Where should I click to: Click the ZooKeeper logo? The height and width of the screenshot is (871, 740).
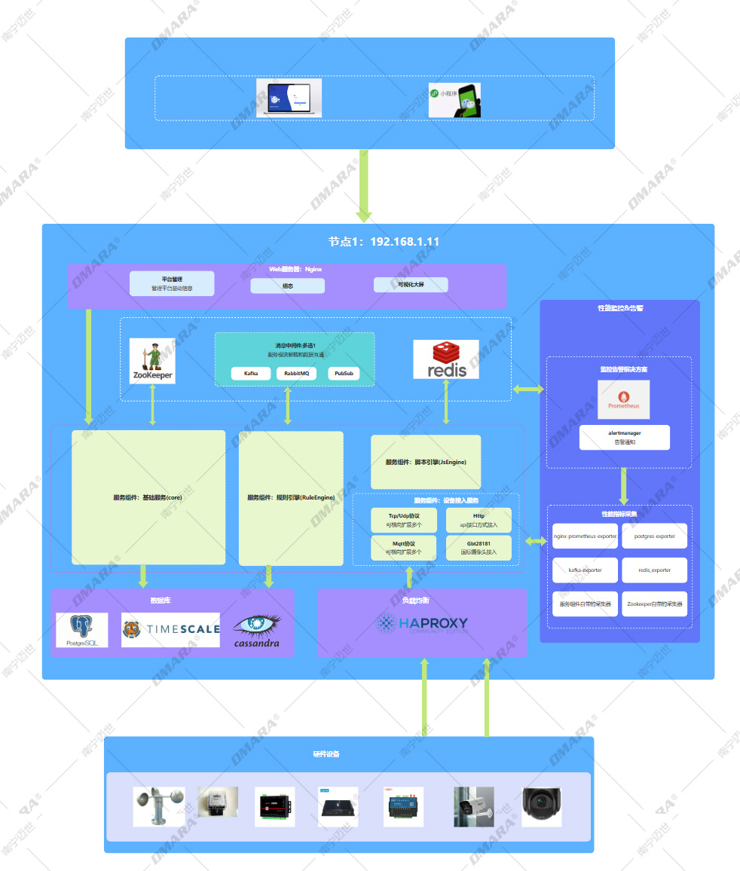tap(152, 361)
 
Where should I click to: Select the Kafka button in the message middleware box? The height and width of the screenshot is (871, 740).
tap(251, 374)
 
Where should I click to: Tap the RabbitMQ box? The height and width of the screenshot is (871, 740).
tap(296, 374)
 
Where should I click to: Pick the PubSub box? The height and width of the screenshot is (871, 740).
tap(343, 374)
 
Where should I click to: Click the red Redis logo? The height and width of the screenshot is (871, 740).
tap(445, 359)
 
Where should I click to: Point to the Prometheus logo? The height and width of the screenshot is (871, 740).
tap(623, 399)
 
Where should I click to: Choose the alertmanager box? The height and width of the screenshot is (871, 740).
tap(624, 438)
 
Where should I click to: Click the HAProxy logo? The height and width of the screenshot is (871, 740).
tap(422, 624)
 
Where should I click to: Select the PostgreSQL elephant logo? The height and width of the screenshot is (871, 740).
tap(82, 630)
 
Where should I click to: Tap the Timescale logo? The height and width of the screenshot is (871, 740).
tap(170, 630)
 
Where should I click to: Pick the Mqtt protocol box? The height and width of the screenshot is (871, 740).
tap(403, 548)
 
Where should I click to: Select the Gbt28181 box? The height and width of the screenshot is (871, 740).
tap(479, 548)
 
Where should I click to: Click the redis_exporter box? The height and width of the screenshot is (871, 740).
tap(654, 570)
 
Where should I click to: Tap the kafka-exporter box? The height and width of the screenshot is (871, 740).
tap(586, 570)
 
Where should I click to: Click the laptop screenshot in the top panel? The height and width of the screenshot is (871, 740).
tap(289, 98)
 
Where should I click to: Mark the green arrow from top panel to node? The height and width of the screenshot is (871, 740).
tap(364, 185)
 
